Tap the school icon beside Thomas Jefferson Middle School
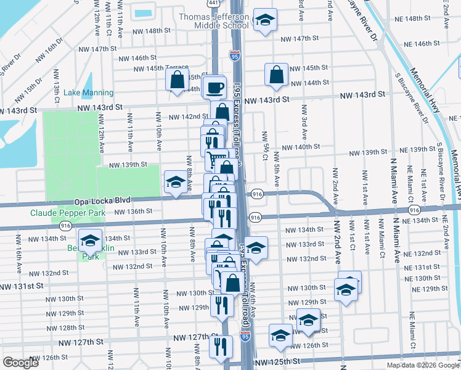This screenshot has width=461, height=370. point(265,21)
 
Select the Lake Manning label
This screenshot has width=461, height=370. point(89,92)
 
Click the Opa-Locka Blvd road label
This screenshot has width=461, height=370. point(99,202)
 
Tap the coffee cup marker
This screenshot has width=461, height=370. point(214,88)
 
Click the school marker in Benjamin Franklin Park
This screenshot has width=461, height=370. point(91,240)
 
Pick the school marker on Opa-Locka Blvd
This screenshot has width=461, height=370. point(176,182)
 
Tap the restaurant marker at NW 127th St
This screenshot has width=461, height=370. point(220,346)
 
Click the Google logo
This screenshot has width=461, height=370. point(20,363)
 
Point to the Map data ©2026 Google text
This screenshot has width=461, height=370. point(422,365)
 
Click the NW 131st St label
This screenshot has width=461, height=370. point(22,286)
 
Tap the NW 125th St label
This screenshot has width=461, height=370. point(277,361)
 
